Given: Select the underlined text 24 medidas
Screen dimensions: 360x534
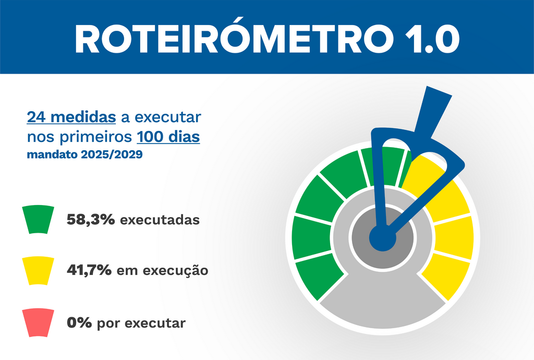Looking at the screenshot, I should tap(71, 116).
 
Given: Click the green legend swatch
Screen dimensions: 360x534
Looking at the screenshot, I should tap(38, 219).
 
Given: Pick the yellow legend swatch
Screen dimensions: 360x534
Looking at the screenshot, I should tap(38, 271).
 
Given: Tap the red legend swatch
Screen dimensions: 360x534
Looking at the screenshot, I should tap(38, 322).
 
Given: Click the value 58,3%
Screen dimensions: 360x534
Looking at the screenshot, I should tap(91, 220).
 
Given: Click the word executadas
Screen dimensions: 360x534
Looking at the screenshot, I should tap(160, 220).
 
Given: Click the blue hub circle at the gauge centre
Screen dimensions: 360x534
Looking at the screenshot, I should tap(382, 238).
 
